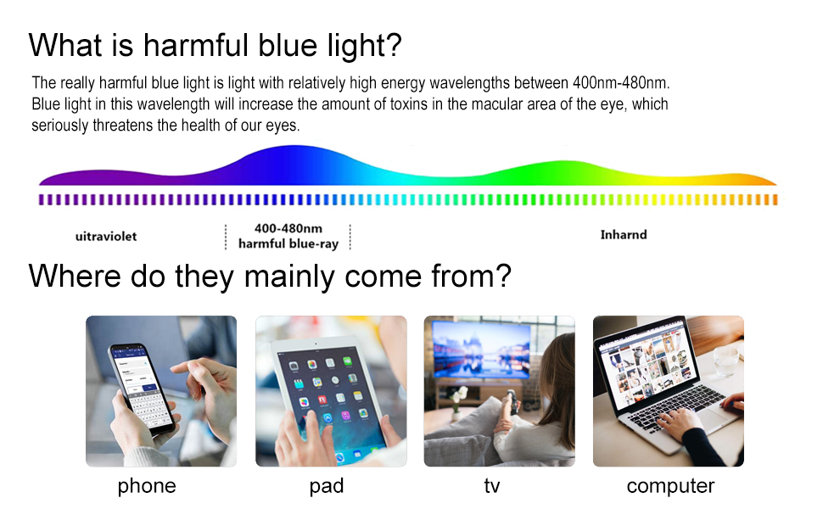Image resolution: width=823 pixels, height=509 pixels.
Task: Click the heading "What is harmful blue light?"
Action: (x=216, y=45)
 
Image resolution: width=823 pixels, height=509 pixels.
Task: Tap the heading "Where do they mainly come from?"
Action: (x=270, y=276)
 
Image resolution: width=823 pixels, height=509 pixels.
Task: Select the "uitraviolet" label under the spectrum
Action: (x=106, y=236)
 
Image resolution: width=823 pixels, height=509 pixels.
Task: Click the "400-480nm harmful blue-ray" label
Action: (x=288, y=236)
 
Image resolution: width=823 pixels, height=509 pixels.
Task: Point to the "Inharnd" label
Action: (x=624, y=234)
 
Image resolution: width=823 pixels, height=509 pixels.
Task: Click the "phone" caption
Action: (x=147, y=486)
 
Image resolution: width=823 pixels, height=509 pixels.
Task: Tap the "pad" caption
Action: (x=327, y=486)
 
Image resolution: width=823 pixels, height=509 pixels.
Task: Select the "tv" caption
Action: (x=492, y=486)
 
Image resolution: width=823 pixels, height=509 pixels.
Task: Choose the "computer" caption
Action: (x=671, y=486)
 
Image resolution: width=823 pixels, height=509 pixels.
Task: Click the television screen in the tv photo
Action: (x=481, y=349)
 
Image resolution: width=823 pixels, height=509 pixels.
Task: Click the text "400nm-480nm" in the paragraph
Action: (x=621, y=83)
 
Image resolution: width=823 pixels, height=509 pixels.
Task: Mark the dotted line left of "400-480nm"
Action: (x=226, y=238)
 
